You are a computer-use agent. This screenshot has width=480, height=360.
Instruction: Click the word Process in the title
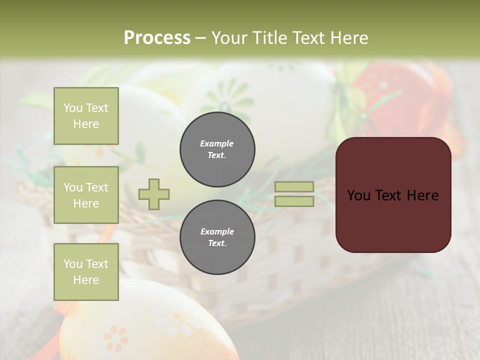(157, 38)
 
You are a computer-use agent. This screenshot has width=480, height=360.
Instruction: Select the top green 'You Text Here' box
(86, 116)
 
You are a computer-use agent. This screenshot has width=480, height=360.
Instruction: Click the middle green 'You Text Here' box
(86, 195)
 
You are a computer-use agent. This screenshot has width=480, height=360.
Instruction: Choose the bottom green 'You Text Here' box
(86, 272)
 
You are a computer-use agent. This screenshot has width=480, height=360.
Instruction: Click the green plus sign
(154, 194)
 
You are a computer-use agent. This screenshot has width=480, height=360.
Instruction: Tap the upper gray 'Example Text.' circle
(217, 149)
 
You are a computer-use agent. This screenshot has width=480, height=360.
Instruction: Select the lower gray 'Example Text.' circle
(217, 237)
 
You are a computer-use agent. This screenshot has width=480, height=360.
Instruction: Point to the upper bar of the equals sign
(294, 187)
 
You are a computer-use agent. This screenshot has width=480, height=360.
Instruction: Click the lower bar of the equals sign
(294, 201)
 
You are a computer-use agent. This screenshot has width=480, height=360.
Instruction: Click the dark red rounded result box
(393, 220)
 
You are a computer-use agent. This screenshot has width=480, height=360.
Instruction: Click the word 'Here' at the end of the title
(349, 38)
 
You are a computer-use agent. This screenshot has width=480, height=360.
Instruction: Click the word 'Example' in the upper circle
(217, 143)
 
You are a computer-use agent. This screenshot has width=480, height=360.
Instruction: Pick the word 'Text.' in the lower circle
(217, 243)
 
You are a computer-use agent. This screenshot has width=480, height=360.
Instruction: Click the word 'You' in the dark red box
(358, 195)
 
